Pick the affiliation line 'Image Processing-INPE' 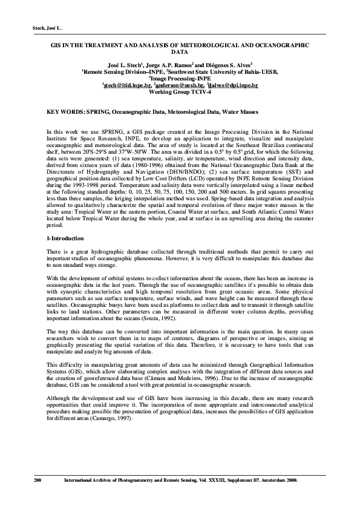[180, 78]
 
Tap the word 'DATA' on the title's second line [180, 52]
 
